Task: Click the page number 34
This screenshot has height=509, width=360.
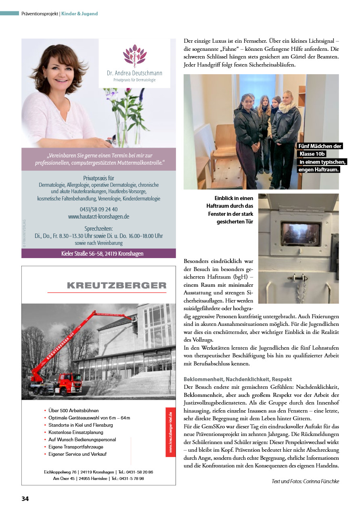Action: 25,499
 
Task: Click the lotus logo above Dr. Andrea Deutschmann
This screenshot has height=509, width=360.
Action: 134,55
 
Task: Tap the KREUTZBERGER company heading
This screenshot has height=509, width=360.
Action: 117,286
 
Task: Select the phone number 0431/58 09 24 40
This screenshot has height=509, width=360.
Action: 98,209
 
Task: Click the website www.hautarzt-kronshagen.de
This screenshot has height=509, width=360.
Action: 98,217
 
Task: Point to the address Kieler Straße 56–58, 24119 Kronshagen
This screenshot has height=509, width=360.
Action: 98,254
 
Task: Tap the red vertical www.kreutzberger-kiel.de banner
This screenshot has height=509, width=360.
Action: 170,432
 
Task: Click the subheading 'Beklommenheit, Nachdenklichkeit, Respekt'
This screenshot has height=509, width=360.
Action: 238,380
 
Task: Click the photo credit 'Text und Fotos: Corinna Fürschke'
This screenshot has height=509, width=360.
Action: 306,481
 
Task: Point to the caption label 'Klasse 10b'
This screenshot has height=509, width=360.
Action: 312,154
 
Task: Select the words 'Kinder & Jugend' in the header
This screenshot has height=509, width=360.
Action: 80,14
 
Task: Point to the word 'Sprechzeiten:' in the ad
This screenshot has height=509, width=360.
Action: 98,229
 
